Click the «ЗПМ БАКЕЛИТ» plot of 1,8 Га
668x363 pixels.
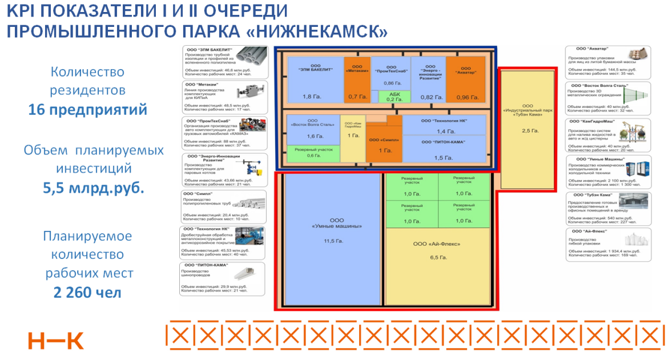click(315, 80)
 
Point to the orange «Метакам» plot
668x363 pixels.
click(357, 80)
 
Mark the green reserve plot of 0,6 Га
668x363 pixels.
click(313, 153)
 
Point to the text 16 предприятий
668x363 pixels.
click(88, 109)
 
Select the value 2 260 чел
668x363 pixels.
click(87, 293)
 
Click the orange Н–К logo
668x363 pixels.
click(55, 341)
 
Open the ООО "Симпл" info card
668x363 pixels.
click(224, 206)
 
